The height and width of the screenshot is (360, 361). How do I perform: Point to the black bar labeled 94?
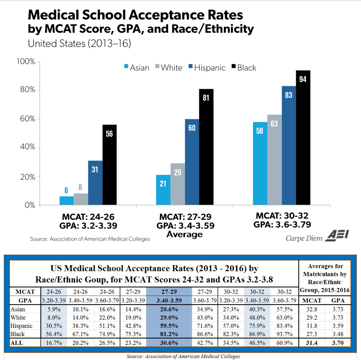(x=303, y=137)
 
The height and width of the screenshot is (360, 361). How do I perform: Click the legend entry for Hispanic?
(x=207, y=68)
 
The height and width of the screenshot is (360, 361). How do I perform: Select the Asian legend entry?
(x=137, y=68)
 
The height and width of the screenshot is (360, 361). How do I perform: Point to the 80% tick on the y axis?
(x=28, y=90)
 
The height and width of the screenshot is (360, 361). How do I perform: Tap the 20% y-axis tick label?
(x=28, y=177)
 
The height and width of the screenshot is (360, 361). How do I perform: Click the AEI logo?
(x=337, y=235)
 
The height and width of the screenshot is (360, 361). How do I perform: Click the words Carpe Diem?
(x=304, y=238)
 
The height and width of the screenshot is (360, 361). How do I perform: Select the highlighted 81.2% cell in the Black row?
(x=169, y=334)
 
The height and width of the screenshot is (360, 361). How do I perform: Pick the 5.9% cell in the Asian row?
(x=54, y=309)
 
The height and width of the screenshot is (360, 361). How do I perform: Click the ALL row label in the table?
(x=17, y=343)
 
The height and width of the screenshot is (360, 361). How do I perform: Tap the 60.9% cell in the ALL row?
(x=284, y=343)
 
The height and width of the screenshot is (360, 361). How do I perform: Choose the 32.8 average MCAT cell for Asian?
(x=312, y=309)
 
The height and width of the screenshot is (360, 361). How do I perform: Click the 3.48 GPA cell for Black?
(x=338, y=334)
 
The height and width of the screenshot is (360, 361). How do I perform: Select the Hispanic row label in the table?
(x=21, y=326)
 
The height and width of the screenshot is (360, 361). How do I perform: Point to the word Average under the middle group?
(x=184, y=234)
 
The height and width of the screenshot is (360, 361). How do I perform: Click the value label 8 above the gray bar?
(x=80, y=187)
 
